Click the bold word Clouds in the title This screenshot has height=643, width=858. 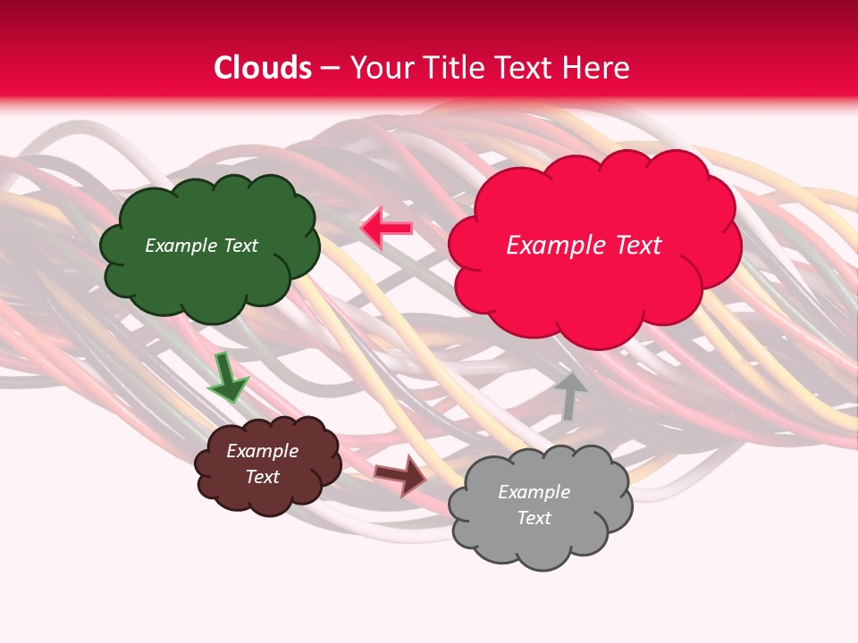[x=263, y=68]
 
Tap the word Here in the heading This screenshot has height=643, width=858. [x=598, y=68]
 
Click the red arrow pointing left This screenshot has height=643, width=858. [x=386, y=229]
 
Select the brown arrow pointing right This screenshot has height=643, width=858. [x=400, y=474]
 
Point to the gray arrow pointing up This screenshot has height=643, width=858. [x=568, y=396]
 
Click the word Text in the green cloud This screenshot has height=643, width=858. [x=240, y=246]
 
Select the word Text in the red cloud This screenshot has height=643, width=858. [x=636, y=246]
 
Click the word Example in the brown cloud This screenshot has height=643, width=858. [x=262, y=451]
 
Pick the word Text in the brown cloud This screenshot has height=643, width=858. [x=262, y=477]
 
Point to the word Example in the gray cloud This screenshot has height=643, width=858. [x=534, y=492]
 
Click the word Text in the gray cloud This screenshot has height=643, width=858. [x=534, y=518]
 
